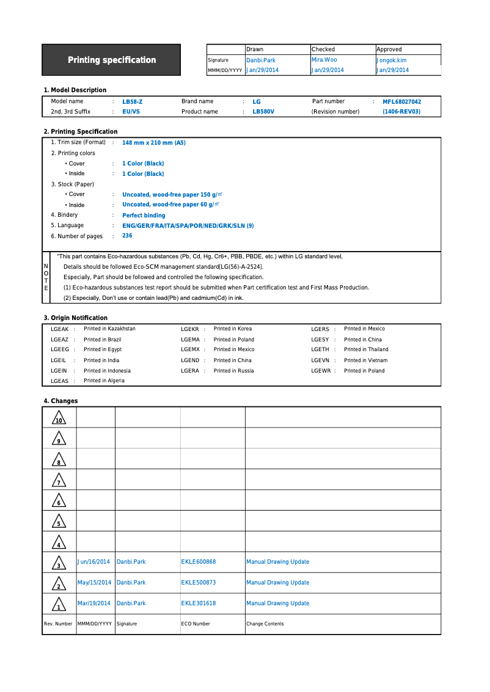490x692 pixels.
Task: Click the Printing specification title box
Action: [111, 60]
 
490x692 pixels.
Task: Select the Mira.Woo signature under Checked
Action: [324, 60]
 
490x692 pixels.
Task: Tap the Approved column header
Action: [389, 49]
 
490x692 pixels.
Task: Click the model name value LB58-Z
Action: [132, 102]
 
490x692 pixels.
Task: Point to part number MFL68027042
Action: [401, 102]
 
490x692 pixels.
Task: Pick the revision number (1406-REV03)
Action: [401, 112]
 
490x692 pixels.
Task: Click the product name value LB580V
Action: [263, 112]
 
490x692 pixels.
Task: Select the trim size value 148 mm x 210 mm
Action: [153, 143]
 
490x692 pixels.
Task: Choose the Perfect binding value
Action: [144, 216]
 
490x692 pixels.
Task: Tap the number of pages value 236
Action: [127, 236]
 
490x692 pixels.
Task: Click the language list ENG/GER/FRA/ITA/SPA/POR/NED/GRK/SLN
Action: [188, 226]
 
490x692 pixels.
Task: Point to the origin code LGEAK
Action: [59, 329]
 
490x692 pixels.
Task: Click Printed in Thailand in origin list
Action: [366, 349]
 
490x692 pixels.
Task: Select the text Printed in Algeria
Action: [104, 381]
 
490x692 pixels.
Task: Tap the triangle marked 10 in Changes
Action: [59, 418]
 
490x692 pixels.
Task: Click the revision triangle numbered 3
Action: [59, 563]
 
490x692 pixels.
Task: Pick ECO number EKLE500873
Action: [198, 583]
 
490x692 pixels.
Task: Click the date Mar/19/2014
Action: [94, 603]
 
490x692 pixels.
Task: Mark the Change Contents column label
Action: [265, 624]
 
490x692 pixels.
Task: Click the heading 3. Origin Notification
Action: [75, 318]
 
